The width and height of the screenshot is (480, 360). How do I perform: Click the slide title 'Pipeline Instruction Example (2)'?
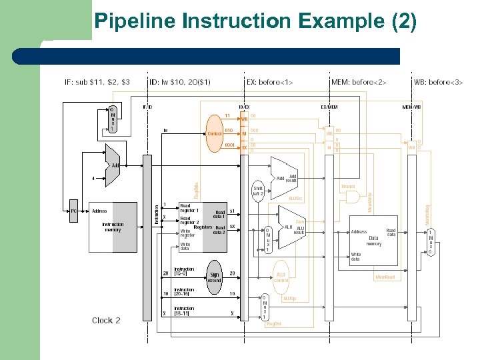255,22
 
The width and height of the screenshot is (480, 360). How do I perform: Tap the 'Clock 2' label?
106,321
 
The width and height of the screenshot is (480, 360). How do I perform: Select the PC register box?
74,211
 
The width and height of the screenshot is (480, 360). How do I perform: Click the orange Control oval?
215,133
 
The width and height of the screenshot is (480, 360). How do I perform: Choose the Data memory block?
373,240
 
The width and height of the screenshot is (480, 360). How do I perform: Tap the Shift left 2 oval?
259,191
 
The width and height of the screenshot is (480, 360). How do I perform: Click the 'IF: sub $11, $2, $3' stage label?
97,83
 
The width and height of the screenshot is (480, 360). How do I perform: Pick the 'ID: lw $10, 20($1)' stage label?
180,83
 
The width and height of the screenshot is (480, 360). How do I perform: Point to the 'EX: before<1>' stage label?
269,83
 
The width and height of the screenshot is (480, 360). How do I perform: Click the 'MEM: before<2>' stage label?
359,83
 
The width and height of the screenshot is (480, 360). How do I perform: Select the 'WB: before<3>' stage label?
438,83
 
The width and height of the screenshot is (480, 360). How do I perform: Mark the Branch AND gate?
351,197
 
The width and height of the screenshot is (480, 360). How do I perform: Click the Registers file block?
203,227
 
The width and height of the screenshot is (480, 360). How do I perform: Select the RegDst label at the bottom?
273,325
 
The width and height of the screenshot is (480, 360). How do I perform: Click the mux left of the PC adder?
113,119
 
